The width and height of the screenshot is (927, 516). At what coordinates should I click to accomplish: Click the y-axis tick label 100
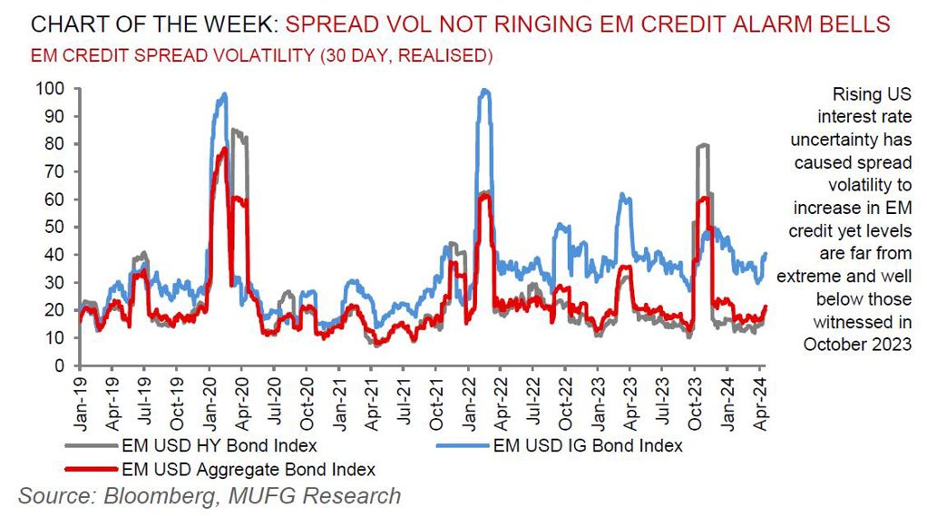point(50,89)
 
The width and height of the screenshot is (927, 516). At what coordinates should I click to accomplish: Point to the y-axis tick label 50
point(54,227)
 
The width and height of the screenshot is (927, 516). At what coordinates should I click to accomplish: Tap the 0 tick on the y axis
point(59,365)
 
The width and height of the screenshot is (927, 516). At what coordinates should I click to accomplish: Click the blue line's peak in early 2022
point(484,90)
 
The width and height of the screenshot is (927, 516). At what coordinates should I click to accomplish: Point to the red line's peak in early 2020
point(223,149)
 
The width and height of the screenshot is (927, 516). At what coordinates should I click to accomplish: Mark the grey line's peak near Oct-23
point(702,145)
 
